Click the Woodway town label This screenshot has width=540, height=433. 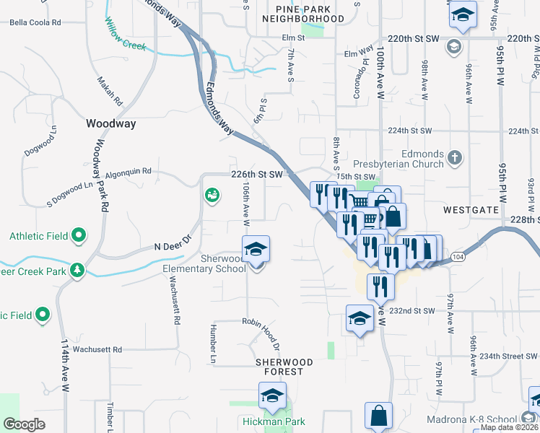point(110,123)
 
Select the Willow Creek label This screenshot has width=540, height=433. point(126,36)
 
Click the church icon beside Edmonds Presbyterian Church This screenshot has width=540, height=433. point(454,157)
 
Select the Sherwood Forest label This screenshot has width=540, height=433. point(284,367)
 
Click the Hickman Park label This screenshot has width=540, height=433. point(272,422)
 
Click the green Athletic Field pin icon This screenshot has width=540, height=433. point(79,235)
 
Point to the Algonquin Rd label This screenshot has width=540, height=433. point(128,172)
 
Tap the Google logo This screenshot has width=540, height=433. point(25,424)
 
